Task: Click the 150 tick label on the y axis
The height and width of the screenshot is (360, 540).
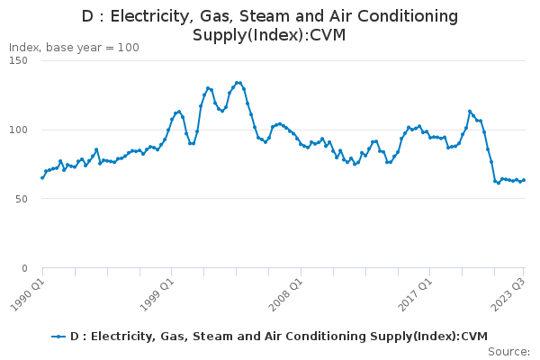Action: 19,60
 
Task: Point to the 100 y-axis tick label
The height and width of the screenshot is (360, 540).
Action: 19,130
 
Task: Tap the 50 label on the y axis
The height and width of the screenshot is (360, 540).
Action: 22,199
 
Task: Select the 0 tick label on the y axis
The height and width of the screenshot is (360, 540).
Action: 24,268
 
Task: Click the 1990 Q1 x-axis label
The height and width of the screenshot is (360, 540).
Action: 28,295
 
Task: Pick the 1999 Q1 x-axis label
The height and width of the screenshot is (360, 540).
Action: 157,295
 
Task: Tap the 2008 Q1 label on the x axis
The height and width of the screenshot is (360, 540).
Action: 286,295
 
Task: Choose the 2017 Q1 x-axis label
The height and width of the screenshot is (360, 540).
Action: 415,295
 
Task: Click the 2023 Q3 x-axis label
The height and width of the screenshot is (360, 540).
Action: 508,295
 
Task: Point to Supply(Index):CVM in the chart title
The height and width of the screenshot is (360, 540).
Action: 269,35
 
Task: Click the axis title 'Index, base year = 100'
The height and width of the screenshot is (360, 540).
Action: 74,48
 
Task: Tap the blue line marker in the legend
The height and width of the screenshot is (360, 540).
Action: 58,337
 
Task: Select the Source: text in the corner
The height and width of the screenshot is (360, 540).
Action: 509,352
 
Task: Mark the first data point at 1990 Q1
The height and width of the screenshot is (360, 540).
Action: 42,178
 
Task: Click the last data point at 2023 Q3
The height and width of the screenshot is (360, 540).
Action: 524,180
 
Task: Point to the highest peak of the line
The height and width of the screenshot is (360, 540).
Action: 237,83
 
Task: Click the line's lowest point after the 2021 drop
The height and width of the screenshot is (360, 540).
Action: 499,183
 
